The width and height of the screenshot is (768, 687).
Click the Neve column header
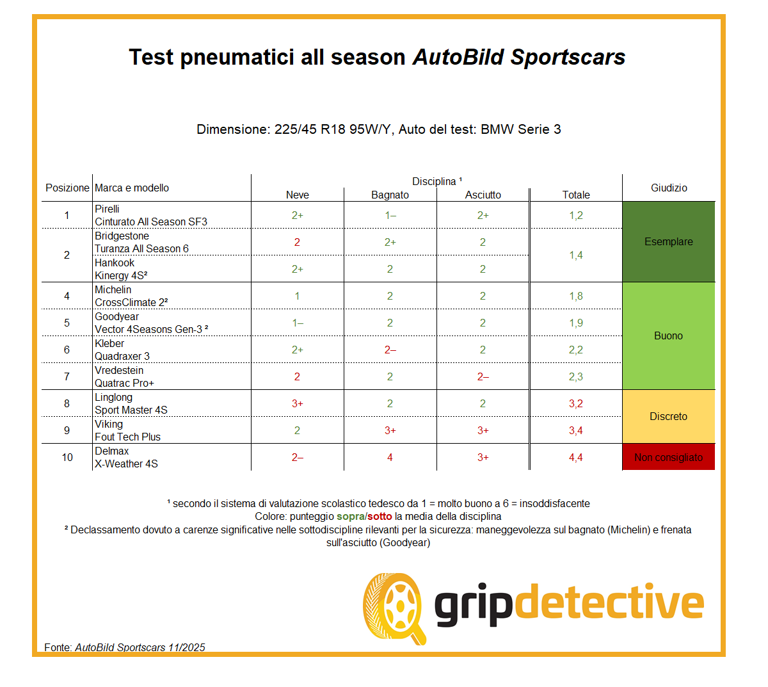[298, 195]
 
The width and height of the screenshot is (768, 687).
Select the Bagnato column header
[390, 195]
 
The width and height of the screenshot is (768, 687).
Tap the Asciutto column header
[483, 195]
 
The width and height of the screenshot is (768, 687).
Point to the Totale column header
[576, 195]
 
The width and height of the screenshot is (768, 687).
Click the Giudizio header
[669, 188]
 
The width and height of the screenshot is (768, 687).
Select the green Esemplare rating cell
[669, 241]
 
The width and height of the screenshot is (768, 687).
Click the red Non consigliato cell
[669, 457]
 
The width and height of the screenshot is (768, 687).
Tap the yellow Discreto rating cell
[669, 416]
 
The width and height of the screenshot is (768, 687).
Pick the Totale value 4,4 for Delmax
[576, 457]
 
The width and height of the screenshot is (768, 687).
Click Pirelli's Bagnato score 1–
[390, 215]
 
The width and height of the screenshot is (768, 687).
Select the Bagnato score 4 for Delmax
[390, 457]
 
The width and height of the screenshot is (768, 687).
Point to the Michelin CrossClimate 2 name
[131, 296]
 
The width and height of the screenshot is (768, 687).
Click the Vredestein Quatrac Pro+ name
[124, 376]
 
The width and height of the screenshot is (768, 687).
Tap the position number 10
[67, 457]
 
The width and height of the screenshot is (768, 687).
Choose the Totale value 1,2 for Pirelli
[576, 215]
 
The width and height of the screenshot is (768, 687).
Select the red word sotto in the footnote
[380, 516]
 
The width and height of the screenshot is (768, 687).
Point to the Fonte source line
[125, 647]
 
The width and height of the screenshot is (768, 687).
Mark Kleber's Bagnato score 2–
[390, 350]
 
